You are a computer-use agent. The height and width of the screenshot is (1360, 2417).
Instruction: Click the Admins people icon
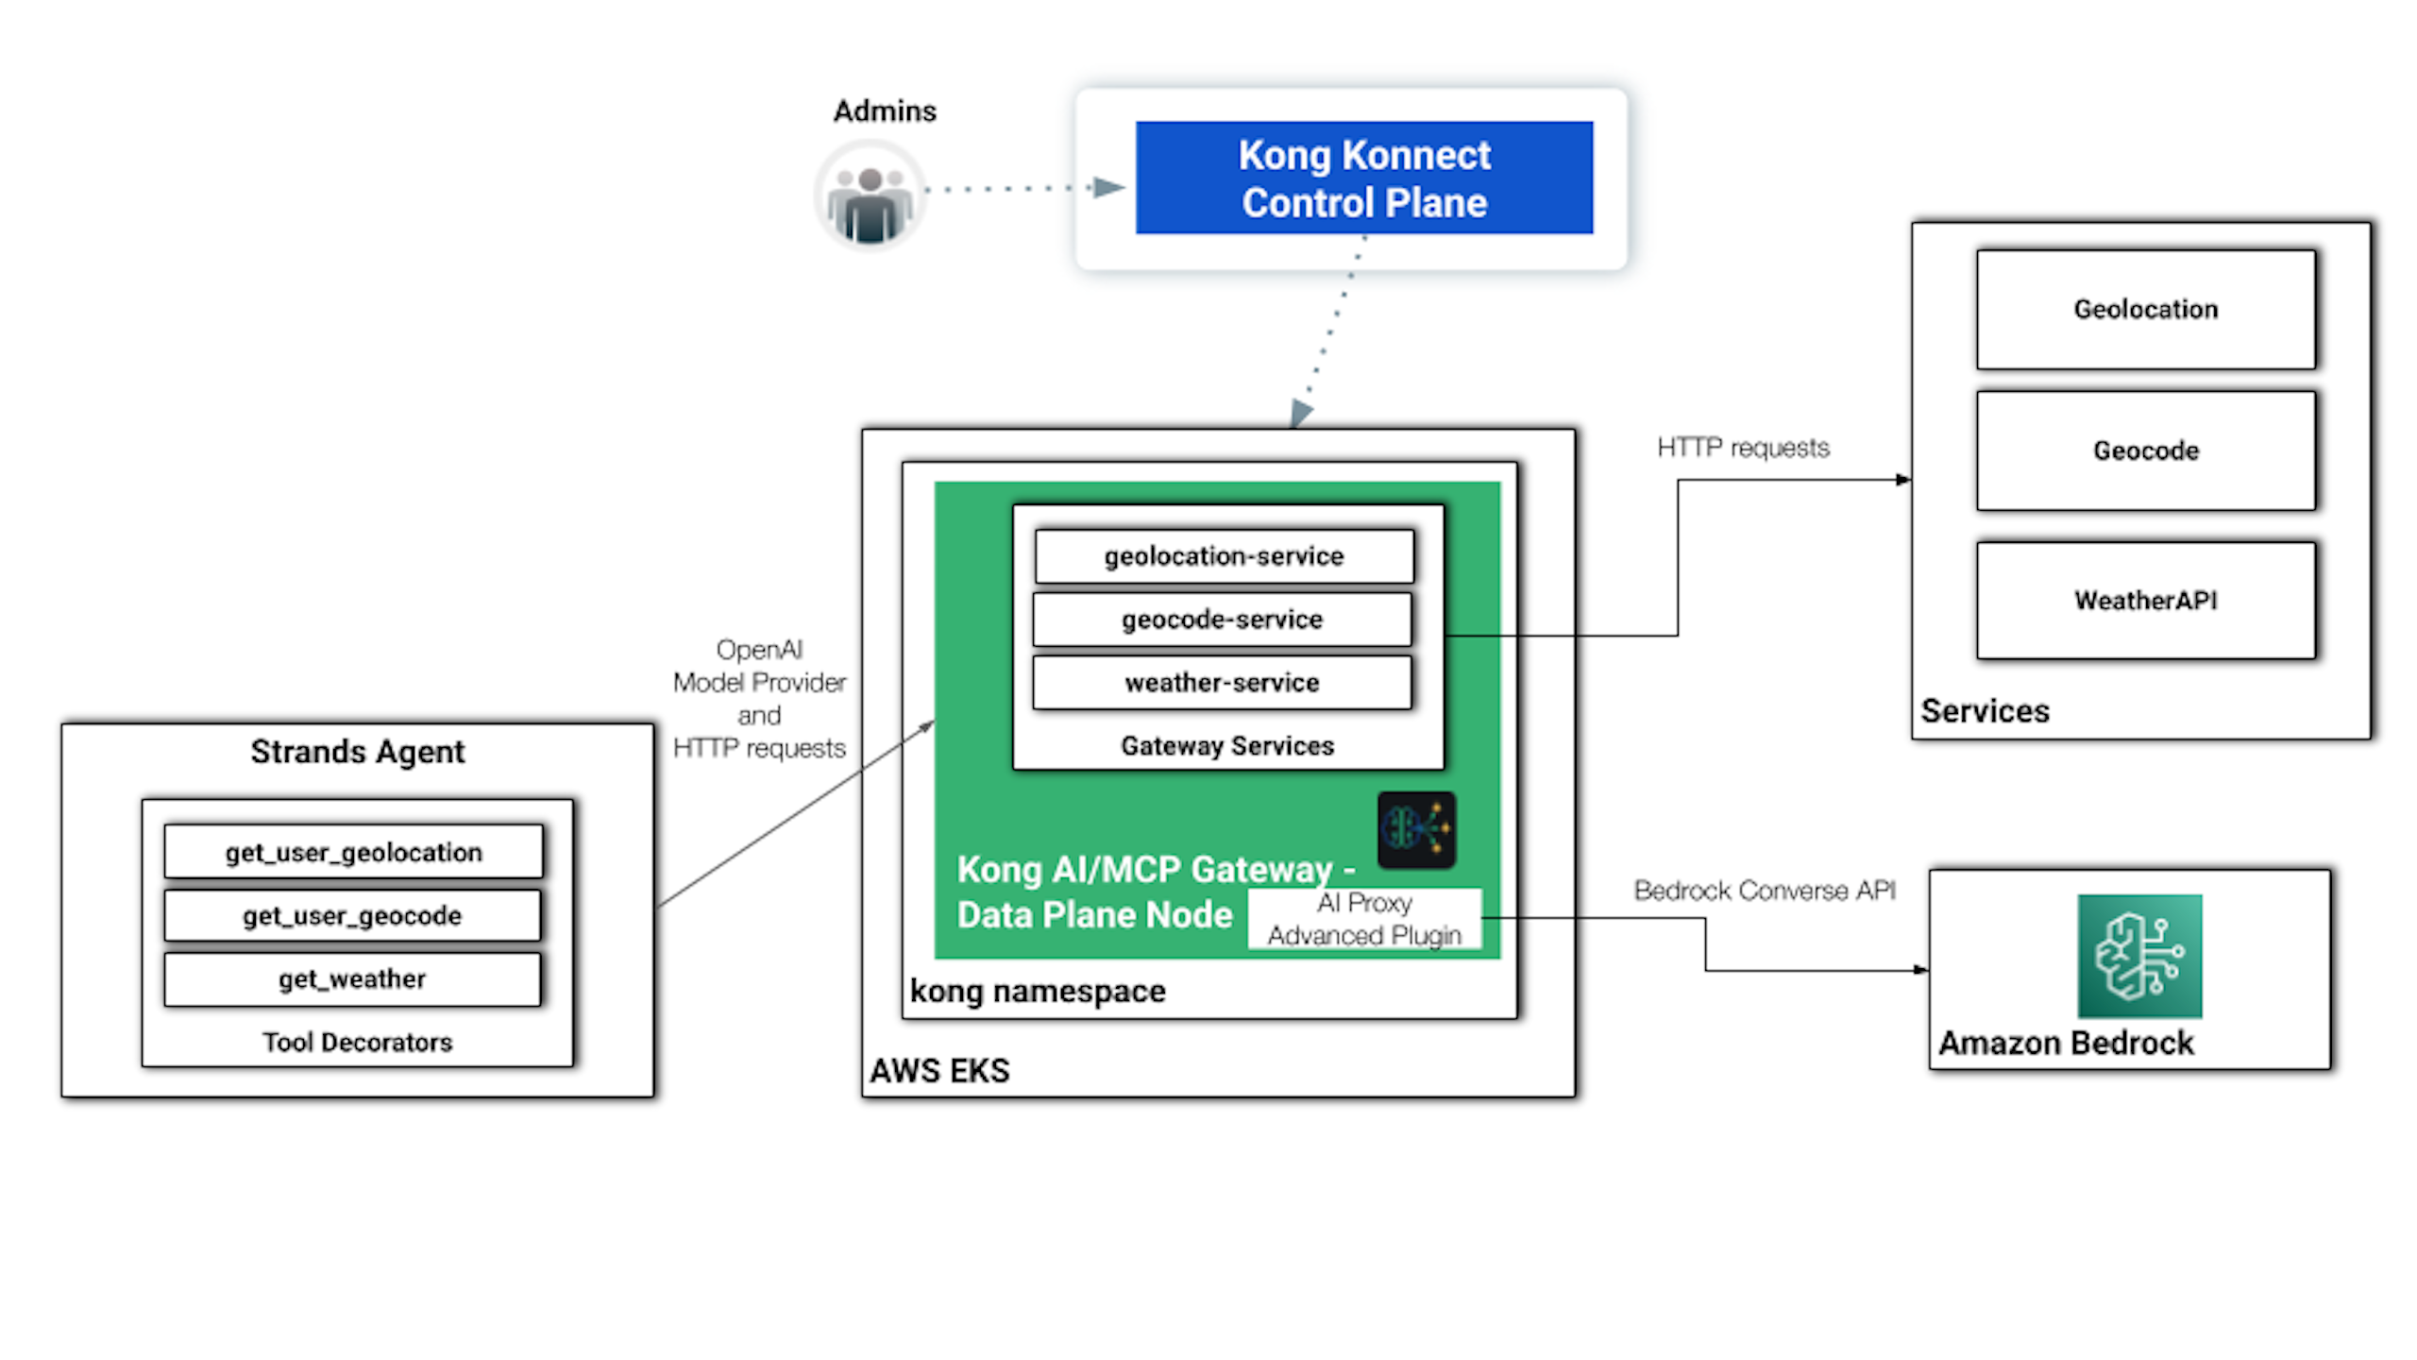(x=870, y=195)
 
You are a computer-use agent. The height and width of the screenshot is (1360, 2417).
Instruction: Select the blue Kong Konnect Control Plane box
(x=1363, y=178)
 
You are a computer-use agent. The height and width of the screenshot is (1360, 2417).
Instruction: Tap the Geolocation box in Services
(x=2145, y=310)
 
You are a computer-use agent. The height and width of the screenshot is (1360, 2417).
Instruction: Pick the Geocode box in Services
(x=2145, y=450)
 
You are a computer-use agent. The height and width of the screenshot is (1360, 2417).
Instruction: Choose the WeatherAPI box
(x=2145, y=600)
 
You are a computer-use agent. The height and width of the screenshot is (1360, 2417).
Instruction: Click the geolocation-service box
(x=1224, y=556)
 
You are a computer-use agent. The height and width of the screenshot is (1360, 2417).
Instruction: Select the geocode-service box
(x=1222, y=620)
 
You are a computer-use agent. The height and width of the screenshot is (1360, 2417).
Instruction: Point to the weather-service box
(x=1222, y=682)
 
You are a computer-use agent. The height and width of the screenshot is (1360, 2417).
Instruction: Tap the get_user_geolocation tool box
(x=353, y=852)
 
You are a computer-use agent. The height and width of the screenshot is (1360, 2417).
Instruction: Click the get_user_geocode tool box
(x=352, y=915)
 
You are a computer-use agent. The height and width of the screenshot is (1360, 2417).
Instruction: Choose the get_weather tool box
(x=352, y=978)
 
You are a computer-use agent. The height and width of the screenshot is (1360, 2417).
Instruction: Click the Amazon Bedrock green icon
(x=2139, y=956)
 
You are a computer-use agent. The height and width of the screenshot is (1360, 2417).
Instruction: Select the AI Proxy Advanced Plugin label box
(x=1364, y=919)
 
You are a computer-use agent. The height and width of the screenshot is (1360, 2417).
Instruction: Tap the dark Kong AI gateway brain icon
(x=1416, y=830)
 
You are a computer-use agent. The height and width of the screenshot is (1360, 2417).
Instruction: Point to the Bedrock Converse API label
(x=1764, y=891)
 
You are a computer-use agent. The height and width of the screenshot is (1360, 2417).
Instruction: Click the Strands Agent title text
(x=357, y=752)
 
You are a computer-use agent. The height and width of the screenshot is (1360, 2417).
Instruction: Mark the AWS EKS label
(x=939, y=1071)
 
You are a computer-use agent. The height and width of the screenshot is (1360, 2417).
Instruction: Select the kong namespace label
(x=1038, y=992)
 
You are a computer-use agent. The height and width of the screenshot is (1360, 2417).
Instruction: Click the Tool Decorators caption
(x=357, y=1043)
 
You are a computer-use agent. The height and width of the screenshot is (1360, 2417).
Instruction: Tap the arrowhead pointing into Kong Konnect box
(x=1108, y=188)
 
